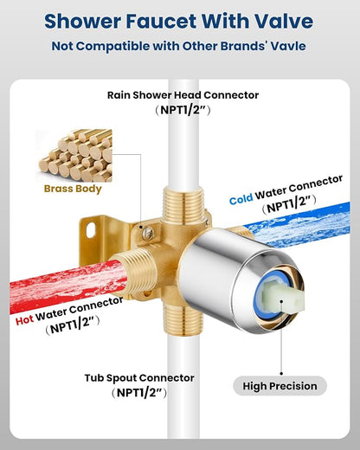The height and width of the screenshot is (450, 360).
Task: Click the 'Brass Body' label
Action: point(73,189)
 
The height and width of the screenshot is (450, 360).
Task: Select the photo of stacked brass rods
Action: point(74,156)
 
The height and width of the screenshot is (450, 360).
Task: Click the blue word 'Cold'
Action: point(241,199)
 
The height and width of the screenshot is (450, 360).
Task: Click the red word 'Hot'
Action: point(24,320)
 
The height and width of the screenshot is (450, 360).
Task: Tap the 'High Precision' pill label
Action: point(280,386)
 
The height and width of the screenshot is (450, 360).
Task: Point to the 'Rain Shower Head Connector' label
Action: point(183,95)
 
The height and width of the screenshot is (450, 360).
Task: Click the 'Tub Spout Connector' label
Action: point(139,378)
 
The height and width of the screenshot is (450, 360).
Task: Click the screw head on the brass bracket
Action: point(148,233)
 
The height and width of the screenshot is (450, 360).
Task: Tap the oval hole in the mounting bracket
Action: point(91,230)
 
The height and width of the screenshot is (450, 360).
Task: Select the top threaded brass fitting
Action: point(183,203)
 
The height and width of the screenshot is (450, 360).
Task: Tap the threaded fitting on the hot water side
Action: point(136,271)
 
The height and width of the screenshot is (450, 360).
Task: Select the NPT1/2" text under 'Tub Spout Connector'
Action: point(139,393)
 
